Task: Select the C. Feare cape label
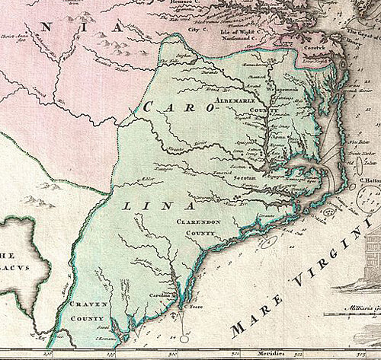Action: point(196,306)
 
